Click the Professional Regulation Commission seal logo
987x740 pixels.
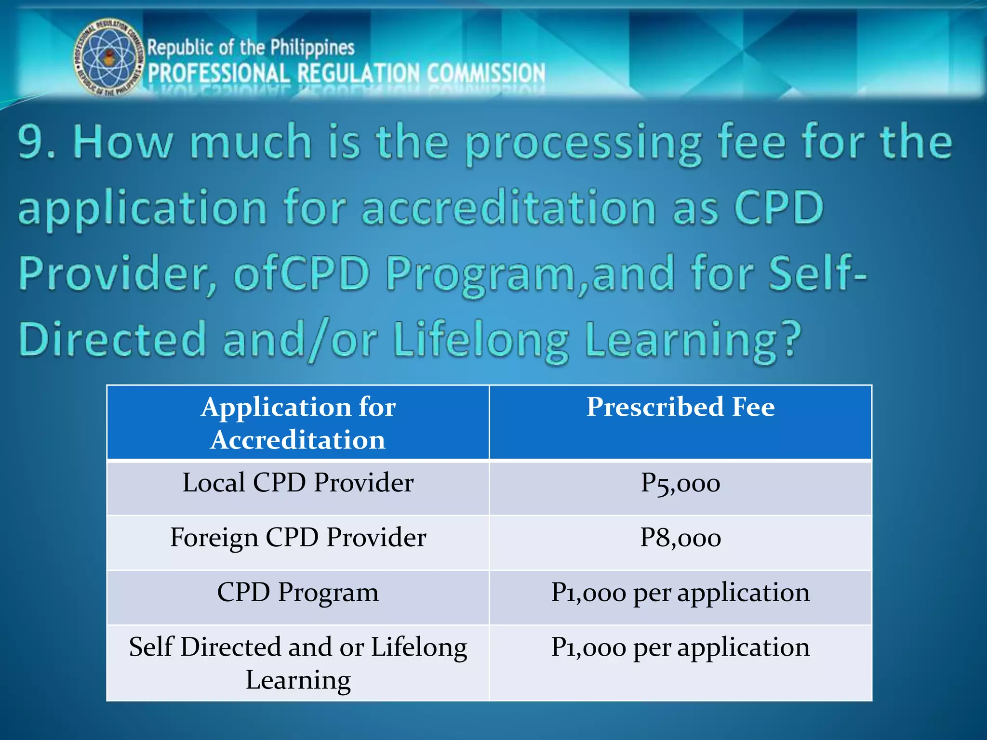[109, 57]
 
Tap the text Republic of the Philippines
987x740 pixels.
[251, 48]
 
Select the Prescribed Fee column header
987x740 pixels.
[680, 407]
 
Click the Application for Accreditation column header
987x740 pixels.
[298, 423]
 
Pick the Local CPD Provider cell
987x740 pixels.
[298, 483]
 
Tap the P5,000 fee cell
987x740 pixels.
[680, 483]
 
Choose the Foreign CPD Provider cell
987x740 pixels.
[298, 538]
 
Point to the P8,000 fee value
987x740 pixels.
[680, 538]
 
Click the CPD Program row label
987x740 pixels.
[298, 593]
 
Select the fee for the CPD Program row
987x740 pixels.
[680, 593]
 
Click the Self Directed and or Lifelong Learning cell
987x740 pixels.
[298, 663]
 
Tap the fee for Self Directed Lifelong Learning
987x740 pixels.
[680, 647]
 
